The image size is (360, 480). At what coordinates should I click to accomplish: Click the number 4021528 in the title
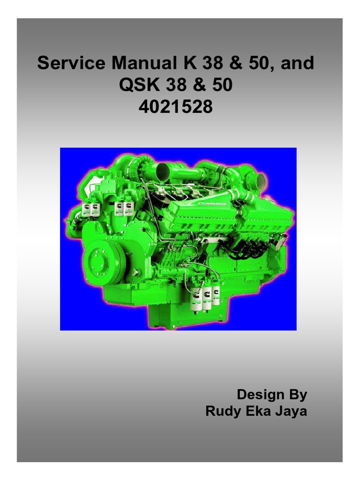(x=175, y=108)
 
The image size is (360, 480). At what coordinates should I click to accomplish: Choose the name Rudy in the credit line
(x=222, y=412)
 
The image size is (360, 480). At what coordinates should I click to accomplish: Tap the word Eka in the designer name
(x=256, y=412)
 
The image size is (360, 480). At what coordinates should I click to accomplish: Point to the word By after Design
(x=297, y=394)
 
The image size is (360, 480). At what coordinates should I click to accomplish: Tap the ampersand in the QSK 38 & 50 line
(x=196, y=85)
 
